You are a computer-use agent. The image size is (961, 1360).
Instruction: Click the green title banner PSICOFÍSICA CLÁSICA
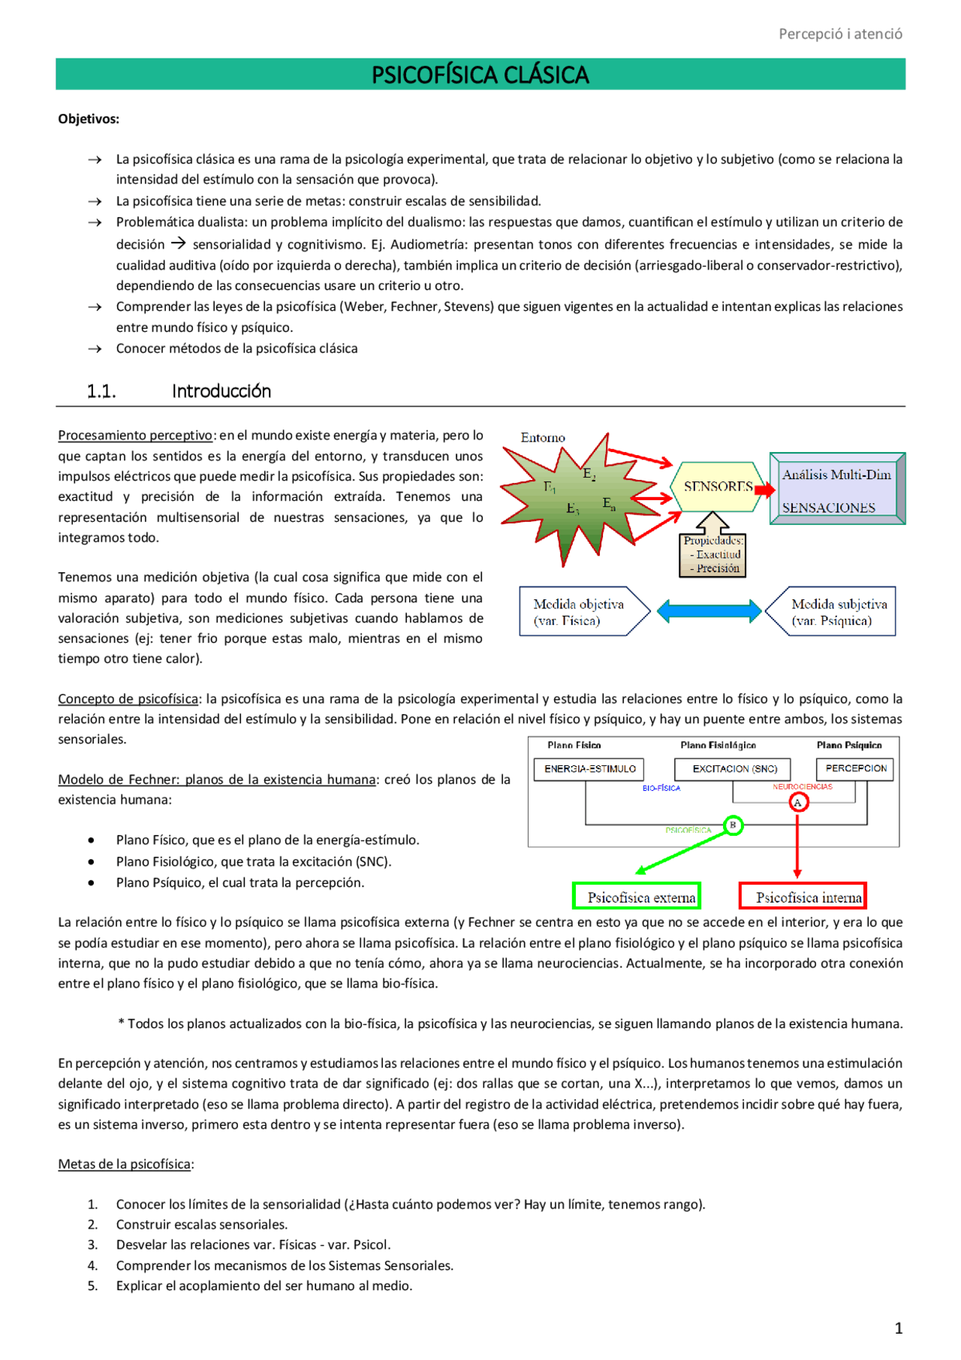(480, 74)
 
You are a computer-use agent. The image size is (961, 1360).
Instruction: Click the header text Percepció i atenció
(839, 34)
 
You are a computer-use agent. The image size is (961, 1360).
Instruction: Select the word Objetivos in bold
(89, 119)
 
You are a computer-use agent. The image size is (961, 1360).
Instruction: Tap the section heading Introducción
(221, 391)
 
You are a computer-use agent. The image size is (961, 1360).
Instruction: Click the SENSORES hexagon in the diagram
(718, 487)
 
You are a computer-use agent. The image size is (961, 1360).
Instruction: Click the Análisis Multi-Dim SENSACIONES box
(836, 489)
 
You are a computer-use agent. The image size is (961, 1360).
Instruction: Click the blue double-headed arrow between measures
(709, 611)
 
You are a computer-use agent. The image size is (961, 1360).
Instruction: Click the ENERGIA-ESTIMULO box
(589, 769)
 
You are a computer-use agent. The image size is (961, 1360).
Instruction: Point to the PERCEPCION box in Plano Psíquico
(855, 768)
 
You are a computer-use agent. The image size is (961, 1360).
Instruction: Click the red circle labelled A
(798, 803)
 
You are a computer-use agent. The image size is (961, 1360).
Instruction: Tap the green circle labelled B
(733, 825)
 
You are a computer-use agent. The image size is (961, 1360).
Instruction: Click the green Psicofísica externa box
(637, 897)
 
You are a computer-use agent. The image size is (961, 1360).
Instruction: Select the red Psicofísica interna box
(803, 897)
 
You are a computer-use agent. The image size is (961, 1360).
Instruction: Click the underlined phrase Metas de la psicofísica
(125, 1164)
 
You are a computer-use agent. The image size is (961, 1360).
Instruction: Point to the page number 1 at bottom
(898, 1328)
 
